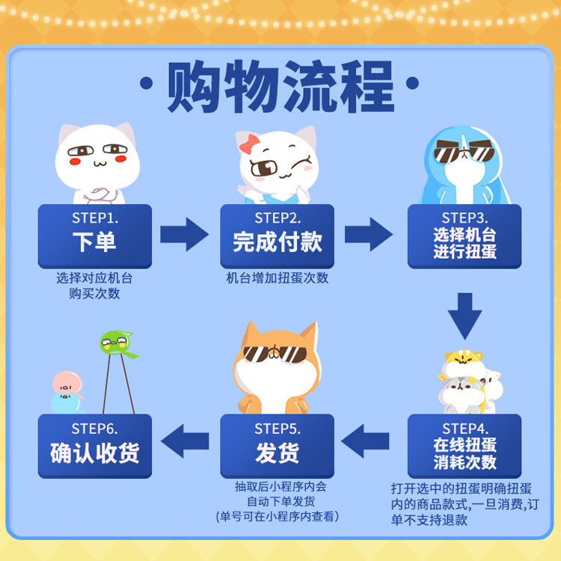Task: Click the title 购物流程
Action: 280,87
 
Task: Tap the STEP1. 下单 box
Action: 94,235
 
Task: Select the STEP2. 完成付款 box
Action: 277,235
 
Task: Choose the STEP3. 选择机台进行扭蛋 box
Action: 464,235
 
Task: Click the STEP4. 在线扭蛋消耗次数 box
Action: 464,446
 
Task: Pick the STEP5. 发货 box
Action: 277,446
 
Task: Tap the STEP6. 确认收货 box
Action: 94,446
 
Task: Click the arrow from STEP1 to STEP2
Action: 185,235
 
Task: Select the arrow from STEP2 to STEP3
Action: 369,235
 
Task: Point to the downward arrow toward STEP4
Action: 465,315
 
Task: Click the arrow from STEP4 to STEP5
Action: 369,441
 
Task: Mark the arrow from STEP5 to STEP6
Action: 185,441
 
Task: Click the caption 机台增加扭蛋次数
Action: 277,278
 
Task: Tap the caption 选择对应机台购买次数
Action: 94,285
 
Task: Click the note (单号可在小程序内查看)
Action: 277,516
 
